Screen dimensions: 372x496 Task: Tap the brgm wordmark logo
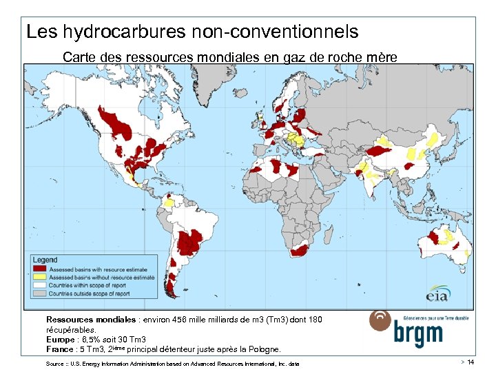tap(417, 334)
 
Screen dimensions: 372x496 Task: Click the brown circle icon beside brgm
tap(382, 321)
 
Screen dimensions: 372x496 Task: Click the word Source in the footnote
tap(55, 363)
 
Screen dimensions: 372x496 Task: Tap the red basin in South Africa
tap(300, 251)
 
